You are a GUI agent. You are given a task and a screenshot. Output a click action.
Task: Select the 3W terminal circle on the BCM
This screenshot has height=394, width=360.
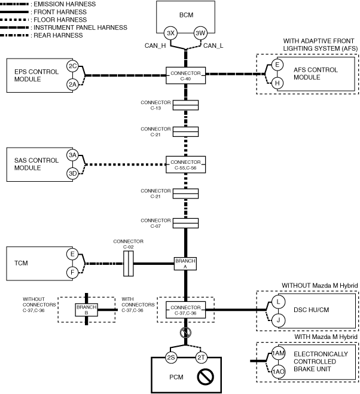click(200, 33)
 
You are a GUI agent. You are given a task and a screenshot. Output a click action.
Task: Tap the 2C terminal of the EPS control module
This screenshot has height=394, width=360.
click(72, 66)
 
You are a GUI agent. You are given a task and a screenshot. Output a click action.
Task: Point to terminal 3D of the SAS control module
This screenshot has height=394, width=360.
click(72, 173)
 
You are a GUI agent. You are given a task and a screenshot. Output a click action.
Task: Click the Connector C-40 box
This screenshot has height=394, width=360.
click(185, 75)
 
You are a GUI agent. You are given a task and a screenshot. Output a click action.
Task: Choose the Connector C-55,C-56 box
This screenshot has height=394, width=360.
click(185, 164)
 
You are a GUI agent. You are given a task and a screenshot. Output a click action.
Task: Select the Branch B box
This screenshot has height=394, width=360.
click(87, 309)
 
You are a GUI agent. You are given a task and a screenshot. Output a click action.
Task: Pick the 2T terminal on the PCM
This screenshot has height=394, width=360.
click(200, 358)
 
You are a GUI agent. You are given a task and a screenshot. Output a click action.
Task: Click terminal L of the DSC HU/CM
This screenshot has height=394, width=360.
click(278, 302)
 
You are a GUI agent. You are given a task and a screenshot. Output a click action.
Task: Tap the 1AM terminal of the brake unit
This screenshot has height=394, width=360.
click(278, 354)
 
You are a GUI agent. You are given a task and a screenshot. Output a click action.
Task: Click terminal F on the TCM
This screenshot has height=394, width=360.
click(72, 273)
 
